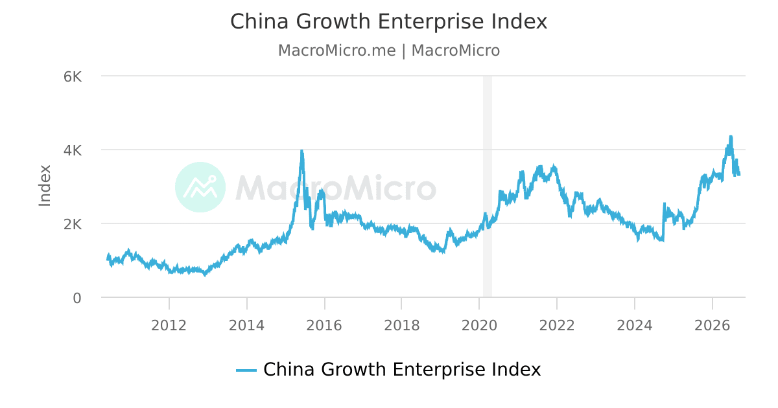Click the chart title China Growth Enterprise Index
388,21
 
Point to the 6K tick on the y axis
73,76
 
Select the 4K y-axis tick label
73,151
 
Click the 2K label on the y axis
73,225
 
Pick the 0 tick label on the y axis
77,299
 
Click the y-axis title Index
45,186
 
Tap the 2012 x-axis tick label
169,326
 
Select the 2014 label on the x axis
246,326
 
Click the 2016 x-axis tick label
324,326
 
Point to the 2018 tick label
402,326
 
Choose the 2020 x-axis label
479,326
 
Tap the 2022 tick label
557,326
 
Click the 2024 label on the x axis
635,326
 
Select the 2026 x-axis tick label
713,326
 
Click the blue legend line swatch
246,370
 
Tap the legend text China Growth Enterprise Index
402,370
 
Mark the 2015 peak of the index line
302,150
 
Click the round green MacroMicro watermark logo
200,187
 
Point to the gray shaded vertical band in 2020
488,187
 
